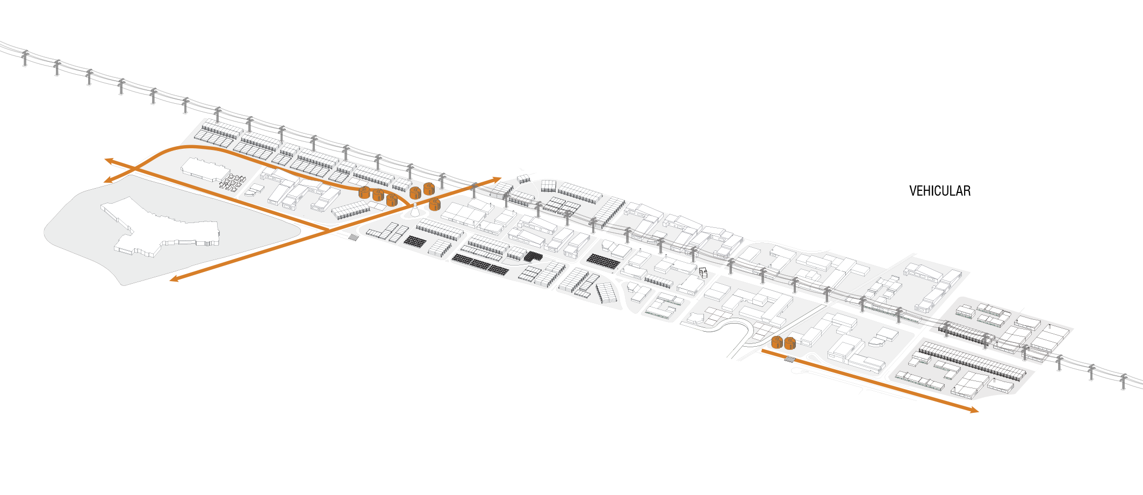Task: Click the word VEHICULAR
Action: (939, 191)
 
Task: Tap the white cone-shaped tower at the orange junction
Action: (415, 211)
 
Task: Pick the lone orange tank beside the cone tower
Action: (435, 204)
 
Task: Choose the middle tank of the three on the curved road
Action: (378, 195)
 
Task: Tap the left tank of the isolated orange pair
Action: (777, 342)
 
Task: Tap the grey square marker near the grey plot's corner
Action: (353, 238)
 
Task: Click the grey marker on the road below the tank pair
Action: (789, 358)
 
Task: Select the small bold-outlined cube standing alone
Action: (703, 271)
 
